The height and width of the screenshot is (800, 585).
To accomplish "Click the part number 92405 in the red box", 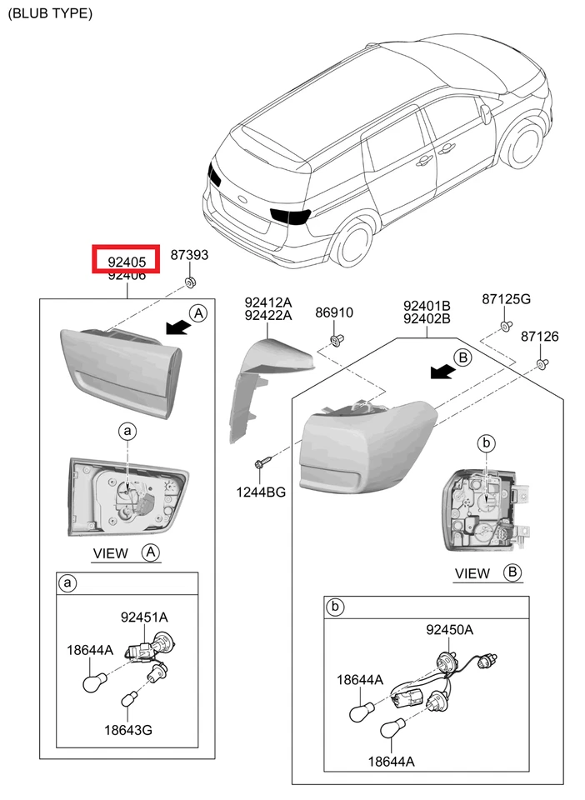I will point(126,262).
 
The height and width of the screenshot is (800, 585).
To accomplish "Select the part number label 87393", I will point(189,256).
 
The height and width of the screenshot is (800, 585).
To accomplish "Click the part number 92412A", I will point(267,302).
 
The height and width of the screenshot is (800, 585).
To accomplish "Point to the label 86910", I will point(333,313).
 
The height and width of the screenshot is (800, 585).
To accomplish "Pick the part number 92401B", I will point(427,305).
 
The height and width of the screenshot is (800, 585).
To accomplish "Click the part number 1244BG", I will point(261,492).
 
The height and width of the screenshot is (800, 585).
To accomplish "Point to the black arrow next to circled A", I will point(176,327).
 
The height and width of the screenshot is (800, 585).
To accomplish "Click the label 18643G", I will point(128,730).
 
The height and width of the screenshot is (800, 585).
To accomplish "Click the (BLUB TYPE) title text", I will point(51,13).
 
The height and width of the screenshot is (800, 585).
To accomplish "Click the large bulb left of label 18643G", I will point(94,682).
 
